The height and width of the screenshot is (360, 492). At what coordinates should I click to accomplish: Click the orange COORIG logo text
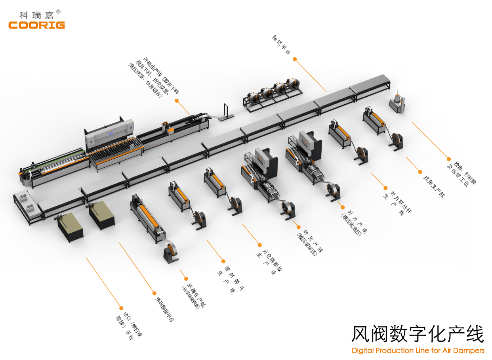[36, 25]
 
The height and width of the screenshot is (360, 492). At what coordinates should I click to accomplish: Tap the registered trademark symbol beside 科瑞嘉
[59, 12]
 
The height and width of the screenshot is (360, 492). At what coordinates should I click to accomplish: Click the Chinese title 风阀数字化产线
[418, 334]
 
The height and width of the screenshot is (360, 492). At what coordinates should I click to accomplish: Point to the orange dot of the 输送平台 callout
[295, 59]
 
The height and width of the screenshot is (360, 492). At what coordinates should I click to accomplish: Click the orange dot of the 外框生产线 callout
[177, 100]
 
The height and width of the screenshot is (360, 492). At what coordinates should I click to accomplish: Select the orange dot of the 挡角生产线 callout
[420, 171]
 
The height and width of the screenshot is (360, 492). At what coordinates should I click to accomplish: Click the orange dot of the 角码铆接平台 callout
[154, 293]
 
